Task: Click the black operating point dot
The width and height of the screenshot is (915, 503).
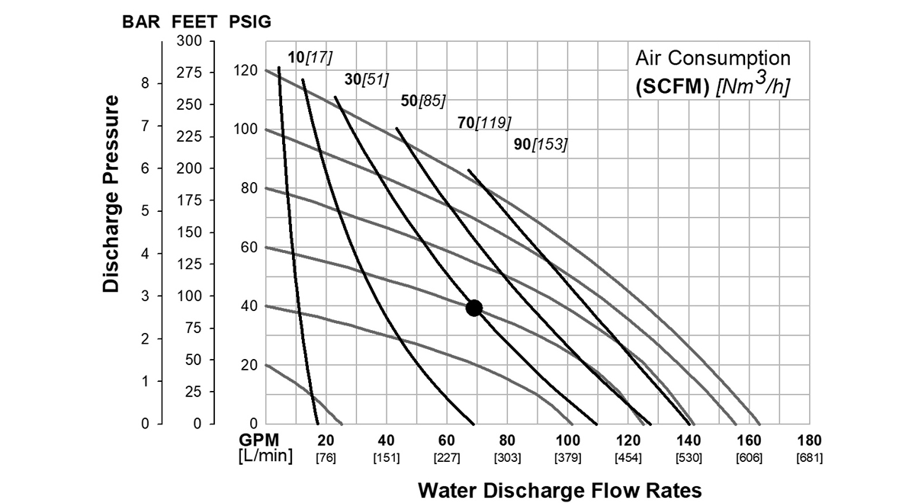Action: click(x=474, y=308)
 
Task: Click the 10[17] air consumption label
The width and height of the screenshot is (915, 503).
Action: click(x=310, y=56)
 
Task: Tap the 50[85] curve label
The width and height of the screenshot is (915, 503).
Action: click(x=423, y=101)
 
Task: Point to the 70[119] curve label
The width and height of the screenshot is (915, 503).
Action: click(x=484, y=121)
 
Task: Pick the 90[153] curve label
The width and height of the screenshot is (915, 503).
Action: click(x=541, y=143)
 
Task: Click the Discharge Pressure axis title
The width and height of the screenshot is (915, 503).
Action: click(x=111, y=194)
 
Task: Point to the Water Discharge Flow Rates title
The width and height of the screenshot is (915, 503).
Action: click(x=560, y=489)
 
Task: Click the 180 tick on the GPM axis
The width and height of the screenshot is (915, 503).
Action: click(x=809, y=440)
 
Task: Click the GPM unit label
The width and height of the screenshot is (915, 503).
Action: click(x=260, y=440)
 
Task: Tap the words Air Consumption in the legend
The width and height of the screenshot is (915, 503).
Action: click(x=713, y=59)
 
